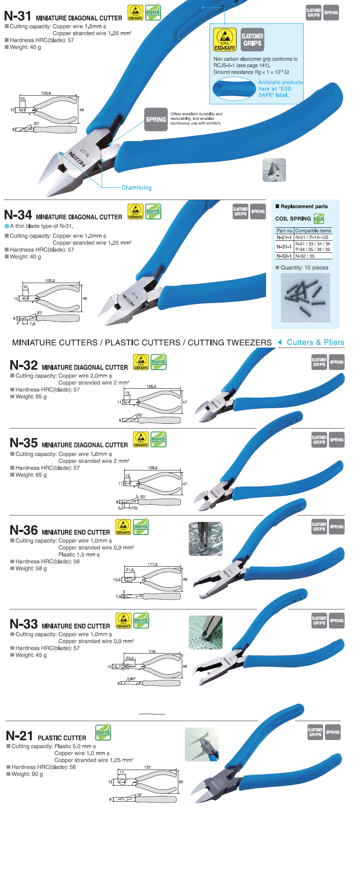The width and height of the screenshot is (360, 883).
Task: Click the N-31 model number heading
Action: [18, 16]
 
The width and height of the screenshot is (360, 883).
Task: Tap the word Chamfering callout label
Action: [136, 188]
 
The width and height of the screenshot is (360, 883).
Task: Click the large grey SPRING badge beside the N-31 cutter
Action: [156, 119]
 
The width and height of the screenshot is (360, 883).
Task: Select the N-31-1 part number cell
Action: [284, 247]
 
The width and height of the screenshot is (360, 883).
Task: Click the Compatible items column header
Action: [313, 231]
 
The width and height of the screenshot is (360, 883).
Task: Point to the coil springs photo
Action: [305, 298]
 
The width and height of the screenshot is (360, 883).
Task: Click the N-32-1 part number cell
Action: [284, 256]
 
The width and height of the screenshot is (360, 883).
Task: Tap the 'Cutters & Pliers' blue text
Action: [315, 342]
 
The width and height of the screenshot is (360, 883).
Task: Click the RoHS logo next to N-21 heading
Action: [103, 732]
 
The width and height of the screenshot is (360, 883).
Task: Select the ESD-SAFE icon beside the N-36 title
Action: [123, 527]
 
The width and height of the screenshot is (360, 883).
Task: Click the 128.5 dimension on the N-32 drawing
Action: [151, 386]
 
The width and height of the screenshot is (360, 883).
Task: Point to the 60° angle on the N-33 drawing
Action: [133, 679]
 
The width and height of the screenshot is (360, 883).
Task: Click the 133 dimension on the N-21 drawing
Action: [147, 767]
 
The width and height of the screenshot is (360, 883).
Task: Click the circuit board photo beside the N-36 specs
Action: [206, 539]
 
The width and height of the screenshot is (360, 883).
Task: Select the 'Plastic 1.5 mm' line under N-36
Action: [79, 554]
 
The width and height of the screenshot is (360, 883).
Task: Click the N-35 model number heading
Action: [24, 443]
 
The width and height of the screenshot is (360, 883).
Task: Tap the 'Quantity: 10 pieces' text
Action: [304, 267]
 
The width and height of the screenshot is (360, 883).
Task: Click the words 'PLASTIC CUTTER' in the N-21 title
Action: [62, 738]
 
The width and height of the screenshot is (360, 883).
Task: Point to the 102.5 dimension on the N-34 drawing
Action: [50, 280]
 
